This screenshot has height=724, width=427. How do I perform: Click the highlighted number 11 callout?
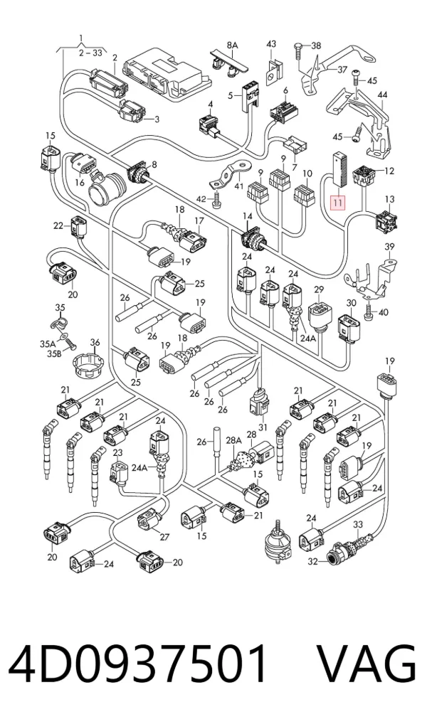(338, 202)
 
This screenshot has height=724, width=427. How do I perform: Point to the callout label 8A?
(232, 45)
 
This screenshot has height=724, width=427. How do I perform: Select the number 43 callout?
(271, 44)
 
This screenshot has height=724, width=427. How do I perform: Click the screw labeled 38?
(298, 50)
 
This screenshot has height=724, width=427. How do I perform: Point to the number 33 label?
(359, 524)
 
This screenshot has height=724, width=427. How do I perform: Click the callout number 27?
(164, 536)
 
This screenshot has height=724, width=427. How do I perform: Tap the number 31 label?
(263, 427)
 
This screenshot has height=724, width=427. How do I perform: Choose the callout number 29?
(319, 289)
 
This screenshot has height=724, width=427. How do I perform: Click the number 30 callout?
(352, 303)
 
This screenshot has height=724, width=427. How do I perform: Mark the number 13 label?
(390, 199)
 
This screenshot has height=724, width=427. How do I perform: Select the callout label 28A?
(234, 440)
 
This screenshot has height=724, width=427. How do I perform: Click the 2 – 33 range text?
(90, 53)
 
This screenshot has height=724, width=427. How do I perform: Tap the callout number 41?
(238, 186)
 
